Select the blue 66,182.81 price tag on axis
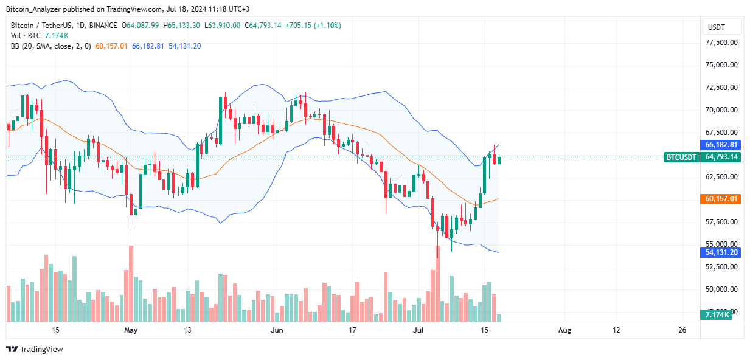click(x=721, y=145)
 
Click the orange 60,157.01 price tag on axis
click(x=721, y=199)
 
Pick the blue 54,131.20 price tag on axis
click(x=721, y=253)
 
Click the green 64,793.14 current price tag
click(x=721, y=157)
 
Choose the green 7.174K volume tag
click(x=717, y=315)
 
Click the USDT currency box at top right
click(x=721, y=27)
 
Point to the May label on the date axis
click(x=131, y=330)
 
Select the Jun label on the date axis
click(x=277, y=330)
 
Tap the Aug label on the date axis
click(x=564, y=330)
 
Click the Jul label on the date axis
click(x=418, y=330)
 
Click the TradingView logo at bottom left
click(x=35, y=349)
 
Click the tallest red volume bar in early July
click(x=437, y=283)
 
